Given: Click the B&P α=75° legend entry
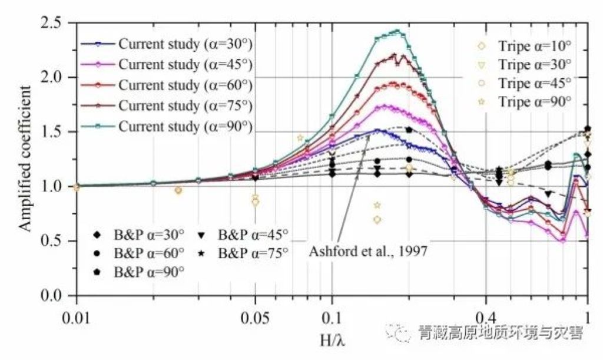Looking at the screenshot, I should [253, 254].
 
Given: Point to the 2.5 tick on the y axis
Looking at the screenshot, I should [52, 23].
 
